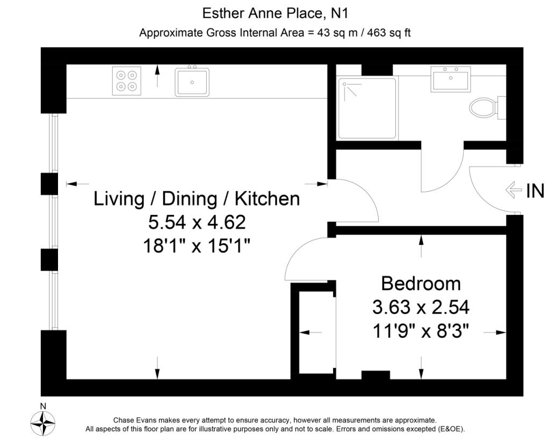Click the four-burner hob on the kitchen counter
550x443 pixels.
coord(127,81)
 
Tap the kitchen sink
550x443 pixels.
coord(192,82)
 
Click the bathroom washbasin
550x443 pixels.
coord(450,79)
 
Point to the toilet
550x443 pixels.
coord(486,107)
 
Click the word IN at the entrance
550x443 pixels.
coord(534,190)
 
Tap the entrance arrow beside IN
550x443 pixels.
coord(514,190)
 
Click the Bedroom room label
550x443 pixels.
coord(421,283)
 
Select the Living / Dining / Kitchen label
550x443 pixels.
coord(197,199)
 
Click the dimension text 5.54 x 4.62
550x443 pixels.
coord(197,222)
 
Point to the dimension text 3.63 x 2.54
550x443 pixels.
coord(421,307)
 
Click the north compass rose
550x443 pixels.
coord(44,423)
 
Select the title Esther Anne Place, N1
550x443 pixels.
coord(274,12)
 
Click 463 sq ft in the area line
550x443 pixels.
coord(389,33)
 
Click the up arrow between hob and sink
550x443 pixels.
coord(157,76)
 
